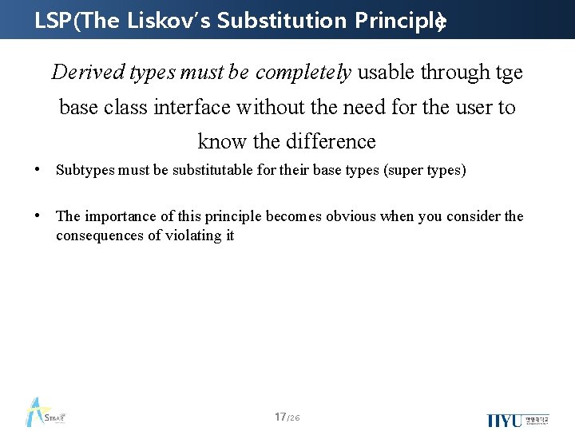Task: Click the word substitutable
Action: pyautogui.click(x=205, y=171)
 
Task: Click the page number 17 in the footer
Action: pyautogui.click(x=280, y=417)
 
